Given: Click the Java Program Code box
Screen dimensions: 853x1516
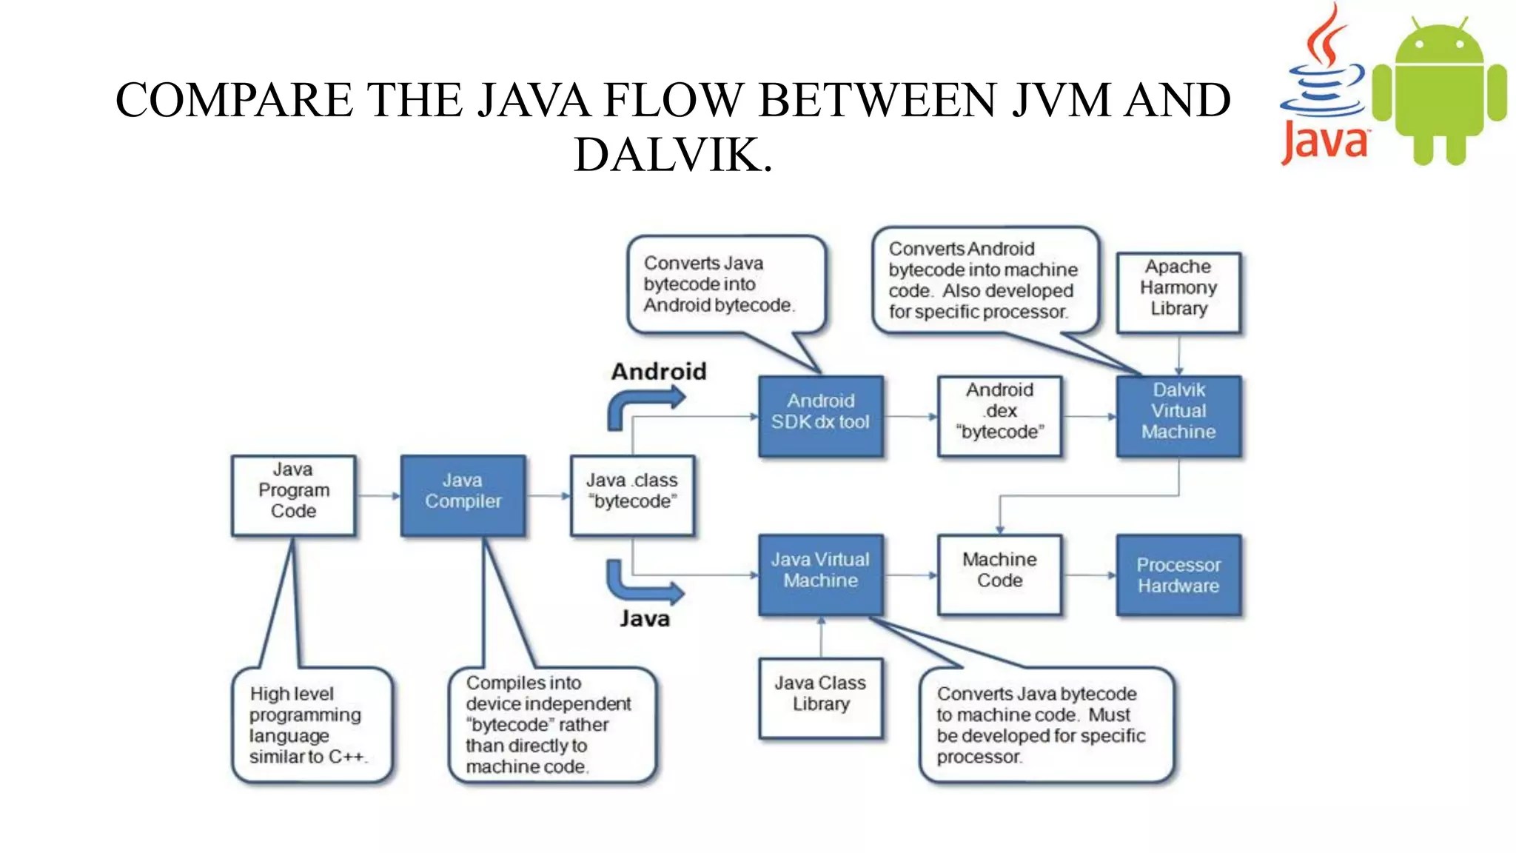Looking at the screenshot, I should [293, 495].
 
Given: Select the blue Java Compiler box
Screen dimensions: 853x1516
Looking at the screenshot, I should [463, 495].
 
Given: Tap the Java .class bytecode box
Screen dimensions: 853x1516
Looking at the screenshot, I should [632, 495].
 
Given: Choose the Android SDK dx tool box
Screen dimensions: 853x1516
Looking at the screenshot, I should [820, 415].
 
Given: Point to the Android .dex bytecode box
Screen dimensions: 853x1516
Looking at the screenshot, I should [999, 415].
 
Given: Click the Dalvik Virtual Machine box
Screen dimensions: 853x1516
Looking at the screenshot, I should [1178, 415].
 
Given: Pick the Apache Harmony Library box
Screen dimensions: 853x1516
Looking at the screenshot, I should [1178, 292].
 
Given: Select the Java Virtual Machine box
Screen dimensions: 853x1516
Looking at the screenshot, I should [820, 574].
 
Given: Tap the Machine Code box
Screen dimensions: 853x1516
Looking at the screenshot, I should [999, 574].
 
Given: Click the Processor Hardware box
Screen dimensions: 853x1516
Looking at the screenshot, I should [1178, 575].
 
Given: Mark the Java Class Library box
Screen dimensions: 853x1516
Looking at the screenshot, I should [820, 698].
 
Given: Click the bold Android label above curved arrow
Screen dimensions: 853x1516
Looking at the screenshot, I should [659, 371].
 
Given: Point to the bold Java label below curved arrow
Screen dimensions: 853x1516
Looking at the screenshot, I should [645, 618].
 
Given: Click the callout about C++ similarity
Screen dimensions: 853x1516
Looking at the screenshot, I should [312, 725].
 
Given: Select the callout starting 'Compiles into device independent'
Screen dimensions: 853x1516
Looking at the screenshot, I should [551, 725].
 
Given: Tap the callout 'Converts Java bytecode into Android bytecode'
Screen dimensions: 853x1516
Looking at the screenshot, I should [725, 285].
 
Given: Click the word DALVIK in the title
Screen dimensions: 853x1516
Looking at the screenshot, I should [672, 155].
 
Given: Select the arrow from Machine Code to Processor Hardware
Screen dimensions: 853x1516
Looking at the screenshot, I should [1088, 575].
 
